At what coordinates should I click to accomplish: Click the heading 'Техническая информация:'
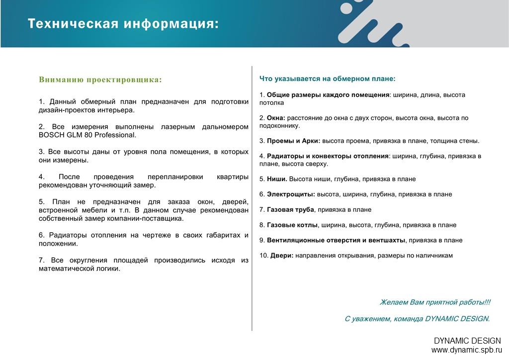coord(123,24)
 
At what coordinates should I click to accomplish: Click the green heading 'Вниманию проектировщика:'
coord(100,80)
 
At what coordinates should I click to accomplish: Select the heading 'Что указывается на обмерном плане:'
coord(327,79)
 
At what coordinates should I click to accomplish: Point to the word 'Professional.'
coord(115,135)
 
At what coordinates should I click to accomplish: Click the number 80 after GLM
coord(88,135)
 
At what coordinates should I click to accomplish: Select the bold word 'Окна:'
coord(276,118)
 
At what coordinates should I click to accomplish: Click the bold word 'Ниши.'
coord(277,179)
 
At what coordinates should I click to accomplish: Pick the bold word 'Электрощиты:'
coord(291,194)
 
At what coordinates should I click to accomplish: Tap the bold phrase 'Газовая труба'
coord(290,210)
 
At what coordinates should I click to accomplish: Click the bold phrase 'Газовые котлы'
coord(292,225)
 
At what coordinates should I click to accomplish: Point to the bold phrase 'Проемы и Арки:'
coord(293,141)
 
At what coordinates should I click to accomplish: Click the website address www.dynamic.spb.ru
coord(466,350)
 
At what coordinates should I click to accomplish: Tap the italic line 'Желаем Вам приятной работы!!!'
coord(435,302)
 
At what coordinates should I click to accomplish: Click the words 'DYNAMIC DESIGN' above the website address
coord(467,341)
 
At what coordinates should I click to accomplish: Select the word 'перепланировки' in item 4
coord(175,177)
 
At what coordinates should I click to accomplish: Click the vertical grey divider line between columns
coord(252,198)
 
